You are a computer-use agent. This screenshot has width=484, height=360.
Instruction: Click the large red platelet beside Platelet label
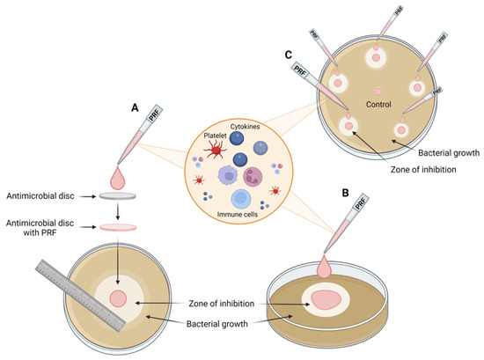[211, 152]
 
